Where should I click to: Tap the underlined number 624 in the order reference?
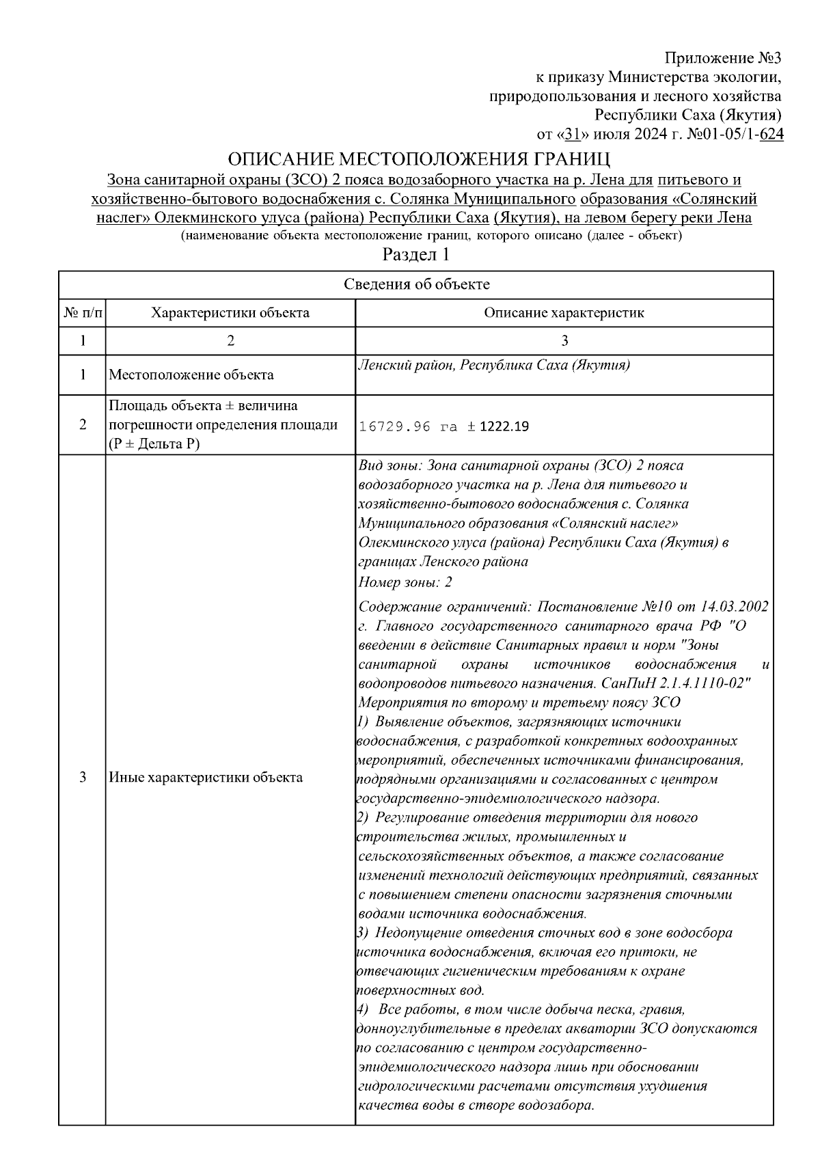[771, 135]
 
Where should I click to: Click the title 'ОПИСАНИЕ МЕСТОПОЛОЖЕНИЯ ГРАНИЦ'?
[418, 159]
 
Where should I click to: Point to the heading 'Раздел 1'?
[415, 256]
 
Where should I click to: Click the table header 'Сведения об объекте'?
[416, 285]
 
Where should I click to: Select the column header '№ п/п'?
[83, 313]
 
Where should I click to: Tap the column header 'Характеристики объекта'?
[230, 313]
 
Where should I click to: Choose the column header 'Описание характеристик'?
[564, 313]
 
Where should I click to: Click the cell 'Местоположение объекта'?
[192, 374]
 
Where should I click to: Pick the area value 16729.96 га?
[408, 427]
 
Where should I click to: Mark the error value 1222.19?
[504, 427]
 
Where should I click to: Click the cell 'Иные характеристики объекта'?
[206, 777]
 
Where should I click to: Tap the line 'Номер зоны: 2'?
[405, 582]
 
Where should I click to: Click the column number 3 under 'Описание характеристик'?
[564, 341]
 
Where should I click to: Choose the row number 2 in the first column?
[83, 424]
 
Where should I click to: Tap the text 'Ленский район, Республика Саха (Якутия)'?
[493, 365]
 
